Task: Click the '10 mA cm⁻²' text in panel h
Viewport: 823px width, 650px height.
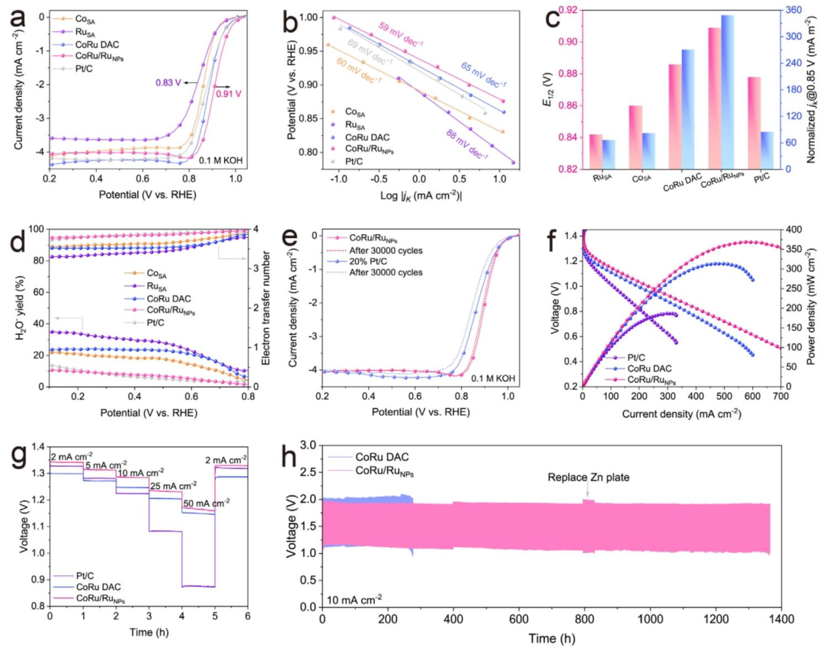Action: click(x=355, y=597)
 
